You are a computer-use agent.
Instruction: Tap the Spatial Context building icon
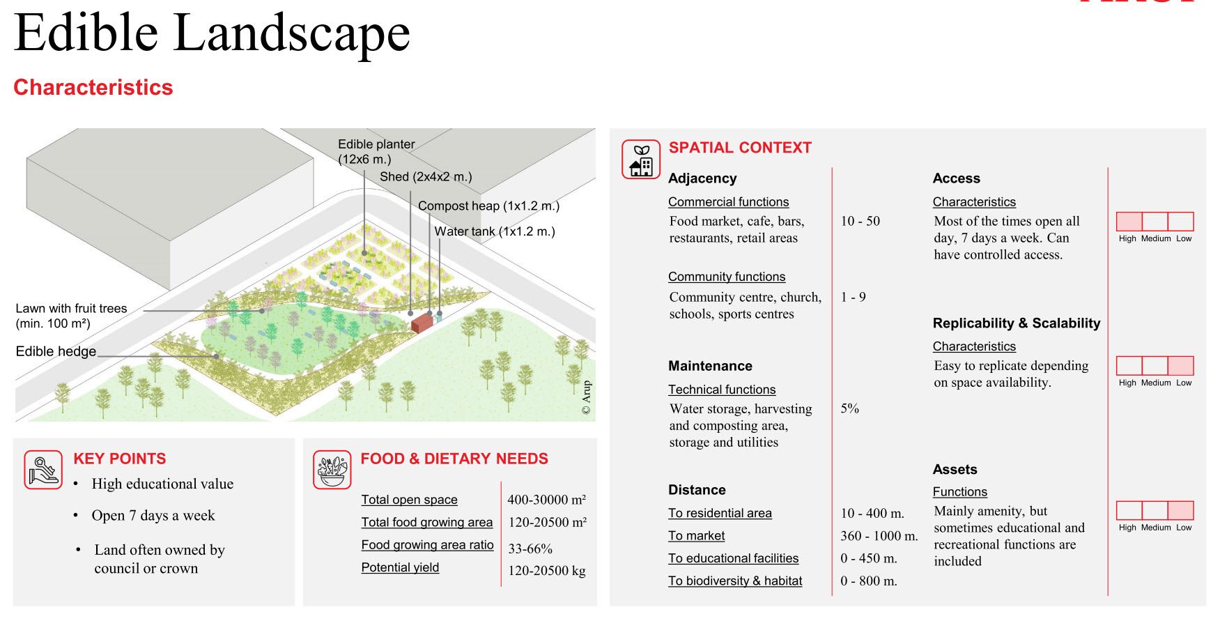pos(641,160)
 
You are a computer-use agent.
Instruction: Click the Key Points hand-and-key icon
pos(43,470)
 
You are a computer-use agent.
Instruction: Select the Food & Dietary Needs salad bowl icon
pos(332,470)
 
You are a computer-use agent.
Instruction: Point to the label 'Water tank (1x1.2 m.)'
pos(495,231)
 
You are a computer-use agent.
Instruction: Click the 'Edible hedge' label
pos(56,351)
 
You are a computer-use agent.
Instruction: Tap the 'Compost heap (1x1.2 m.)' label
pos(488,206)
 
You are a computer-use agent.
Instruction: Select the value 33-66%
pos(530,549)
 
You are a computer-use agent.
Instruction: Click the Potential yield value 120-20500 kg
pos(547,571)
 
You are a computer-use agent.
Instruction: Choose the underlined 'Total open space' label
pos(409,500)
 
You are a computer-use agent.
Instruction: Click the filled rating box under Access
pos(1129,222)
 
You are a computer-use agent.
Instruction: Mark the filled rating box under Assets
pos(1180,510)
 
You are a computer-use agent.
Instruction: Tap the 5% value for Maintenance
pos(849,408)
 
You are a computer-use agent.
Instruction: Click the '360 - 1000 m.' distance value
pos(879,536)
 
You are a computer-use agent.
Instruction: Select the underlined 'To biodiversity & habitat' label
pos(735,581)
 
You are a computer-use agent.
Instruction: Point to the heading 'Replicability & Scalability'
pos(1017,323)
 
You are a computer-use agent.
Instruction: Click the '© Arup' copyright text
pos(586,397)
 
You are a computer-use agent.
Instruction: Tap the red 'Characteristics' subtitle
pos(93,88)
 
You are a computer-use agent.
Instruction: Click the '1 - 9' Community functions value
pos(853,297)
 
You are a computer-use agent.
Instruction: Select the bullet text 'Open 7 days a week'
pos(153,516)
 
